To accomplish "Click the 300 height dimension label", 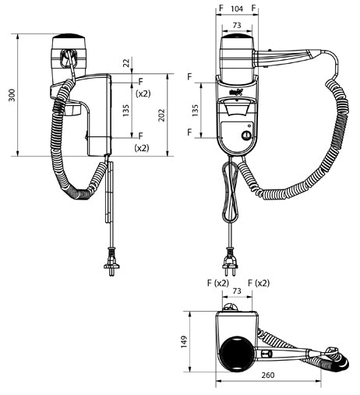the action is coord(12,95).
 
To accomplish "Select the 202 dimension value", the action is coord(161,115).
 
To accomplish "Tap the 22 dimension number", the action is coord(126,63).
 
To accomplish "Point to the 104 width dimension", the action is coord(237,9).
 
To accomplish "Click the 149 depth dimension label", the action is coord(184,342).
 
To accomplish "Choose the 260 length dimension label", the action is coord(268,375).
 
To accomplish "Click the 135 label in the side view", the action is coord(125,111).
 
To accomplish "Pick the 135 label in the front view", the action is coord(196,110).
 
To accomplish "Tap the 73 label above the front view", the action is coord(237,25).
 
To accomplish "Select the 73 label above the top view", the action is coord(237,291).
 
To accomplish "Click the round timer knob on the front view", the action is coord(246,136).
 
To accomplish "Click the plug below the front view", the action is coord(230,262).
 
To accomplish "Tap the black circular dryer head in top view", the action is coord(236,354).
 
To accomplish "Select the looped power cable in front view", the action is coord(230,192).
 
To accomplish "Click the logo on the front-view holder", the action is coord(236,92).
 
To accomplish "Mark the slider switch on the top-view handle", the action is coord(267,354).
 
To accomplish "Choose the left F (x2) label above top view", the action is coord(218,283).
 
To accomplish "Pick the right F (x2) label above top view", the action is coord(259,283).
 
